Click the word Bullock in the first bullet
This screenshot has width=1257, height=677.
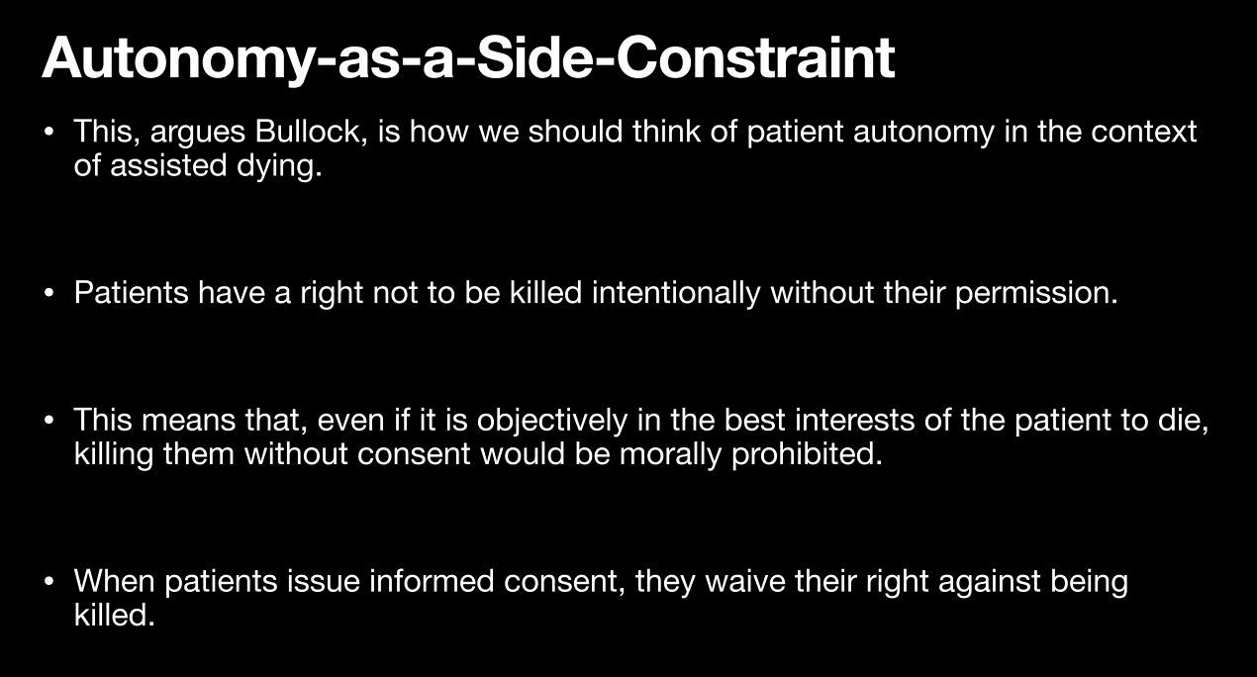[311, 132]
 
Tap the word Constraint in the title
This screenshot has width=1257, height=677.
[755, 58]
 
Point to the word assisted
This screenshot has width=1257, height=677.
[168, 165]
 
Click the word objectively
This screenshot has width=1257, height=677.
[552, 421]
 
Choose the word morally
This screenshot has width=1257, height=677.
[670, 454]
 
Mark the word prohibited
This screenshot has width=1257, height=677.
[807, 454]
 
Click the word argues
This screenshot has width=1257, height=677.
[198, 133]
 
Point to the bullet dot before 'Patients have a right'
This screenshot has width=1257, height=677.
[48, 293]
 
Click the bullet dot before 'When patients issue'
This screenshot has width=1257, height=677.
[48, 582]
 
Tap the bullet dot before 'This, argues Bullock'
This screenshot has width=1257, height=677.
[48, 132]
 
